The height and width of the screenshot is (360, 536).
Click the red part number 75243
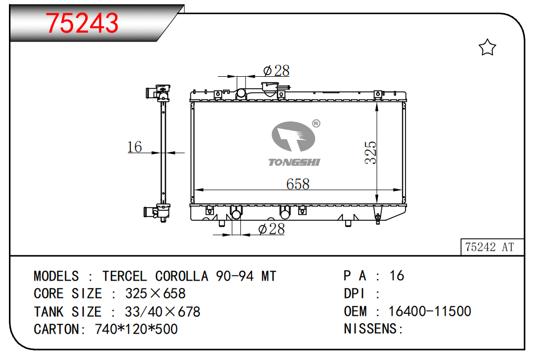pyautogui.click(x=82, y=23)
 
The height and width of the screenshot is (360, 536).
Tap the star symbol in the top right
pyautogui.click(x=487, y=47)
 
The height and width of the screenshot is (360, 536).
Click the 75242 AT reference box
pyautogui.click(x=492, y=246)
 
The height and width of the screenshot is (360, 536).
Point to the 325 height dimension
pyautogui.click(x=370, y=152)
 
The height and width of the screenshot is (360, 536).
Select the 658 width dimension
pyautogui.click(x=298, y=184)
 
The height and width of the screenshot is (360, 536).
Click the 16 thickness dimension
pyautogui.click(x=134, y=147)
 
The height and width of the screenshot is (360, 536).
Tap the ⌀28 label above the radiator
pyautogui.click(x=276, y=71)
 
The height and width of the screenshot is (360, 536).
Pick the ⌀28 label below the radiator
pyautogui.click(x=271, y=229)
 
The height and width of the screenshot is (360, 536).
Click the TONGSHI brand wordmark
pyautogui.click(x=294, y=162)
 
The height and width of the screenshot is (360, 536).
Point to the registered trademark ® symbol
pyautogui.click(x=316, y=124)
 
